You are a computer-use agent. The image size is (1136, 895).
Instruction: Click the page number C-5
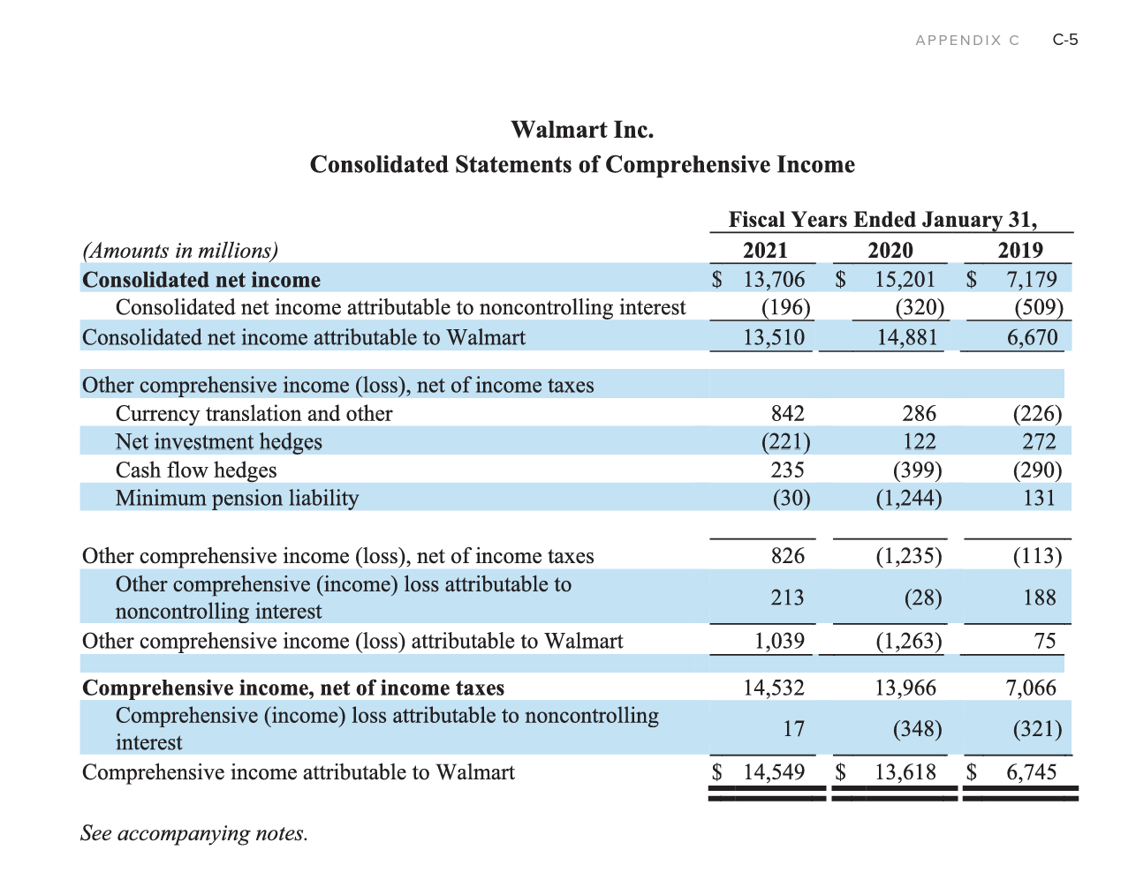click(1065, 40)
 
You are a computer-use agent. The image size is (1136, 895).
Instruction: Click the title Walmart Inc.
click(582, 130)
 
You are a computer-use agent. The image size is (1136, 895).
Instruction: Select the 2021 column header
click(765, 250)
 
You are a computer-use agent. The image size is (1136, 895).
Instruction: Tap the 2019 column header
click(1020, 250)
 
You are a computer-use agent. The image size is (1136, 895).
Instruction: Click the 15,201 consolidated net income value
click(905, 279)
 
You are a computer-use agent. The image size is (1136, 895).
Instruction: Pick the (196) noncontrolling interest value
click(785, 307)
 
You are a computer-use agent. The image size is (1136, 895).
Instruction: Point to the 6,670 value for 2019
click(1032, 337)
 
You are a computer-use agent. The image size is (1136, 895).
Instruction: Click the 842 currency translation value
click(787, 413)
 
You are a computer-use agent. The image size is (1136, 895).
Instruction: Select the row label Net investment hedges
click(218, 441)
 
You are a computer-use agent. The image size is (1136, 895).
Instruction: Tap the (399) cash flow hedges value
click(917, 470)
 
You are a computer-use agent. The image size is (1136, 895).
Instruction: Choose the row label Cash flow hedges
click(196, 470)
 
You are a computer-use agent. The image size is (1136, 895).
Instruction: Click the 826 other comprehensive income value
click(787, 555)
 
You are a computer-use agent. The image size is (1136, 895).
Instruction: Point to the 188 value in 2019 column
click(1039, 598)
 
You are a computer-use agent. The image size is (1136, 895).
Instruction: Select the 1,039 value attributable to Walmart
click(778, 641)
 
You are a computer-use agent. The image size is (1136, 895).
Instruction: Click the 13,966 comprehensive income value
click(905, 688)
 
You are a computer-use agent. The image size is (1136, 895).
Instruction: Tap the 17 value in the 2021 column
click(793, 728)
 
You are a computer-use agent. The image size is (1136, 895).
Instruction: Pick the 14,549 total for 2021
click(774, 772)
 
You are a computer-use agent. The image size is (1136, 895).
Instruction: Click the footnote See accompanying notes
click(194, 833)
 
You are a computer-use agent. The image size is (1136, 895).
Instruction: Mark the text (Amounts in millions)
click(180, 251)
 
